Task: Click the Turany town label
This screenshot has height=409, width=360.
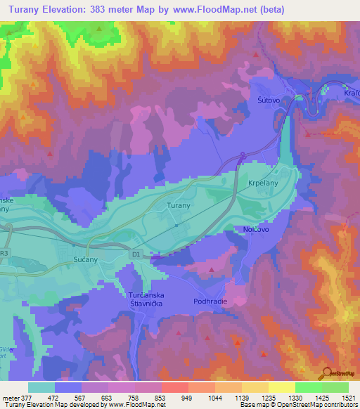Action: [x=176, y=206]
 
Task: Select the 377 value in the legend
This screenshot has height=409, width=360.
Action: [x=25, y=397]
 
